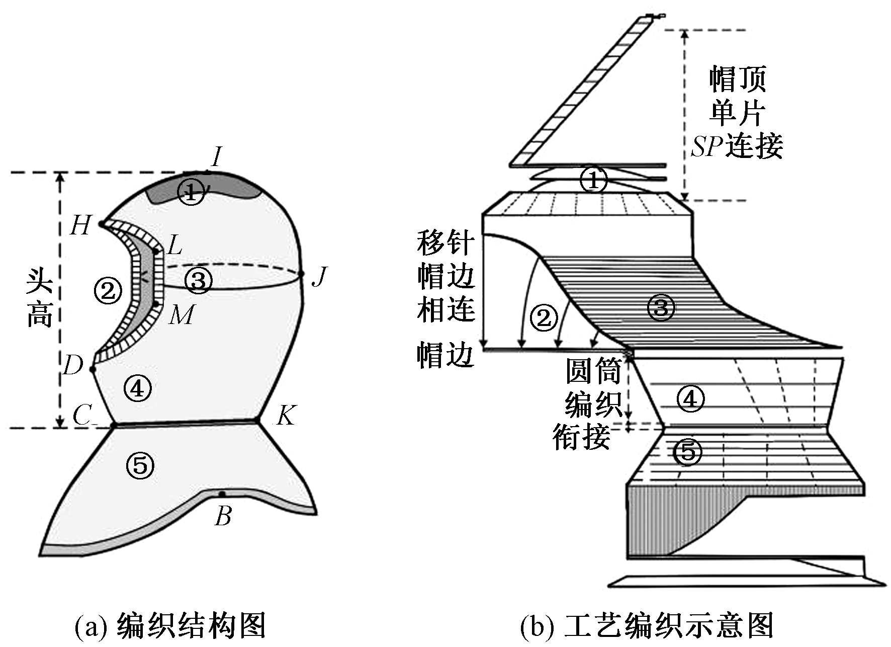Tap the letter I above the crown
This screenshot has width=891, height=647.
point(216,157)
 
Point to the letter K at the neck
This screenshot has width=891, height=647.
point(285,416)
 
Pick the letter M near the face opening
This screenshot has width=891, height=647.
point(182,315)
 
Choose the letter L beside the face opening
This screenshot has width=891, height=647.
point(174,246)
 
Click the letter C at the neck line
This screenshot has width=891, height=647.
point(82,416)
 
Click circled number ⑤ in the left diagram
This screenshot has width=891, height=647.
point(140,465)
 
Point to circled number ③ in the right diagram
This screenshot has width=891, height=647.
point(661,307)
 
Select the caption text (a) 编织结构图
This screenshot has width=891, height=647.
point(170,625)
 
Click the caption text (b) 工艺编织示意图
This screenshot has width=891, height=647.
point(647,625)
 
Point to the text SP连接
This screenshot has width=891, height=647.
point(737,146)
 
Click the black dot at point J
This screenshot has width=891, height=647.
point(302,274)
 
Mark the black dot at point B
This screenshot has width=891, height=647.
point(221,494)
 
